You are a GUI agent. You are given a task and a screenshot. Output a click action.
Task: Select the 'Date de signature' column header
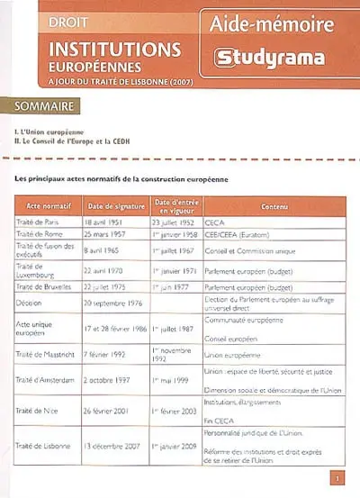tap(119, 204)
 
